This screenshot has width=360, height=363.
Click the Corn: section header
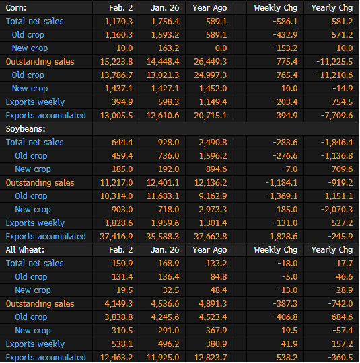pyautogui.click(x=16, y=8)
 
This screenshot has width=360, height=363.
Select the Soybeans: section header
pyautogui.click(x=26, y=129)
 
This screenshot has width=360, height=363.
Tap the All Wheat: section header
pyautogui.click(x=25, y=250)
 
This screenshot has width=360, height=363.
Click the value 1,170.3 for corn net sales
pyautogui.click(x=118, y=22)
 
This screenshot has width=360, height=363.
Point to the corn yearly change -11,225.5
pyautogui.click(x=334, y=62)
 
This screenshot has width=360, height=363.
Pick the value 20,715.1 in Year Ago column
pyautogui.click(x=211, y=116)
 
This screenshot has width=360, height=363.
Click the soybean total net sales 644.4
pyautogui.click(x=122, y=142)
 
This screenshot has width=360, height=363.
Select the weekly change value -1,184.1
pyautogui.click(x=281, y=183)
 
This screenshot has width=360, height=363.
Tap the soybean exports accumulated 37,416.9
pyautogui.click(x=116, y=237)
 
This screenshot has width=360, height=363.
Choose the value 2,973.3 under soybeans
pyautogui.click(x=213, y=210)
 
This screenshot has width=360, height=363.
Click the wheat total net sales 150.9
pyautogui.click(x=122, y=264)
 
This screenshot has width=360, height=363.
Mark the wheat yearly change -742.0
pyautogui.click(x=340, y=303)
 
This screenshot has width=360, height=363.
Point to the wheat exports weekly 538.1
pyautogui.click(x=122, y=344)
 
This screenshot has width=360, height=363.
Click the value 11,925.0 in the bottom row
pyautogui.click(x=163, y=357)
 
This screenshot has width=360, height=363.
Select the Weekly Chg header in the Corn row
pyautogui.click(x=276, y=8)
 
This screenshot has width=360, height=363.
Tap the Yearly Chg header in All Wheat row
pyautogui.click(x=332, y=250)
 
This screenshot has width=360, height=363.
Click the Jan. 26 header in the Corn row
pyautogui.click(x=165, y=8)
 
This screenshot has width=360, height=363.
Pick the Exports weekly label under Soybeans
pyautogui.click(x=35, y=223)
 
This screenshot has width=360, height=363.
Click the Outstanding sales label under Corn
pyautogui.click(x=40, y=62)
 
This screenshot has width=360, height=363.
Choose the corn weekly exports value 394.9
pyautogui.click(x=122, y=102)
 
